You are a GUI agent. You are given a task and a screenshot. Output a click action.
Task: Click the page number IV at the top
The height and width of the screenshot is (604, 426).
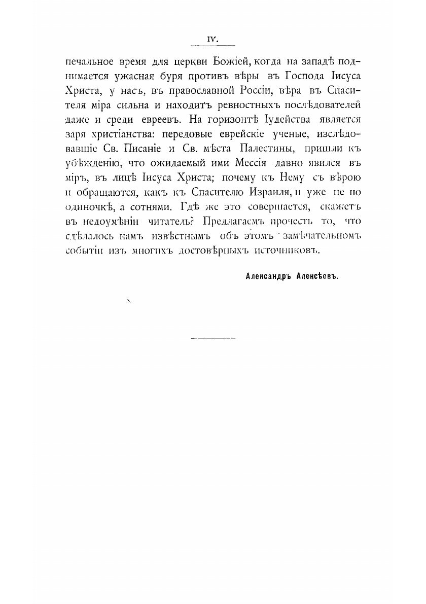coord(212,38)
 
